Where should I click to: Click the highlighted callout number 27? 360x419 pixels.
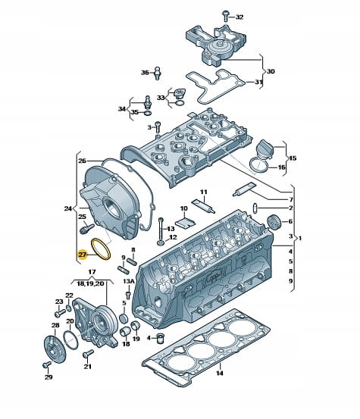pos(83,255)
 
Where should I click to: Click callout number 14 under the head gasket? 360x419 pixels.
pos(220,373)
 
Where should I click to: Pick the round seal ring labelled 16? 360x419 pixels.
pos(259,166)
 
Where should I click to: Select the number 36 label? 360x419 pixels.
pos(145,73)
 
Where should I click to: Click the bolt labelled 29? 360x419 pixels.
pos(47,364)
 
